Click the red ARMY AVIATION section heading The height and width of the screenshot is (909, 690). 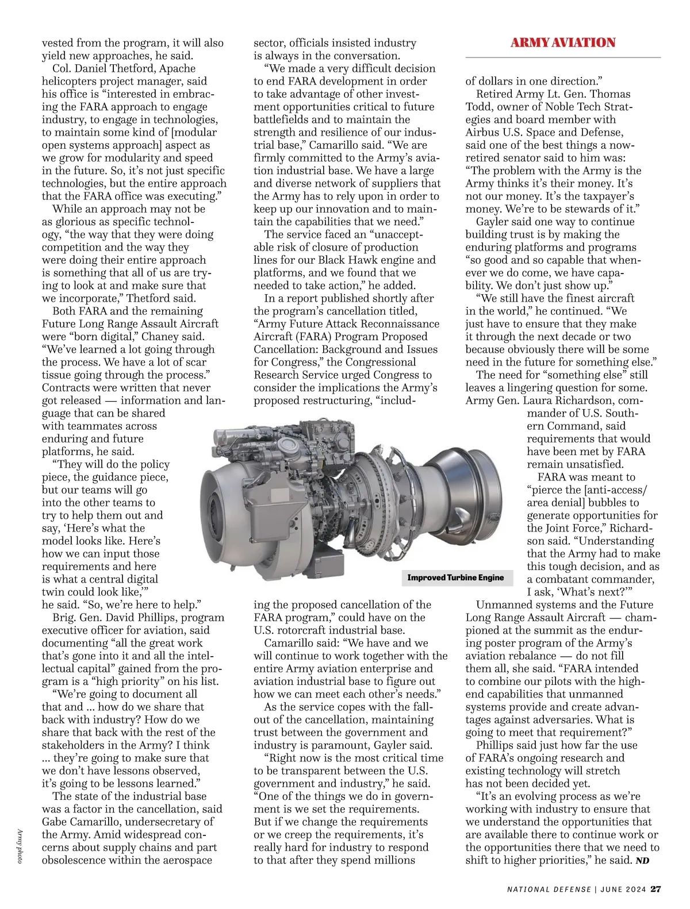click(x=563, y=43)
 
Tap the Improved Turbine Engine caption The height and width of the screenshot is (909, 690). click(x=455, y=577)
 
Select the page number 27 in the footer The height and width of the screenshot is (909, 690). click(x=655, y=889)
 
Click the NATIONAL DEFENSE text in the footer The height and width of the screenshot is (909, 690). click(x=549, y=889)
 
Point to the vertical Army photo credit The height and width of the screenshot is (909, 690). click(x=20, y=846)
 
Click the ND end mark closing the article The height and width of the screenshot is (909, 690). click(x=642, y=861)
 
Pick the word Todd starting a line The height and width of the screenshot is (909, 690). click(x=478, y=107)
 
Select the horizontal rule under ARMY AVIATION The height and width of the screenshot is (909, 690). click(x=563, y=57)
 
